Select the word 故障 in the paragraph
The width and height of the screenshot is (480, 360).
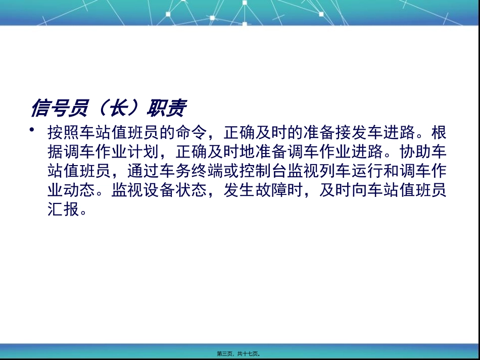[x=272, y=190]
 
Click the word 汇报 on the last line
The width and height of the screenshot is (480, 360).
[x=65, y=210]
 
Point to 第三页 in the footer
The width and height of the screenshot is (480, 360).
[x=226, y=354]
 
